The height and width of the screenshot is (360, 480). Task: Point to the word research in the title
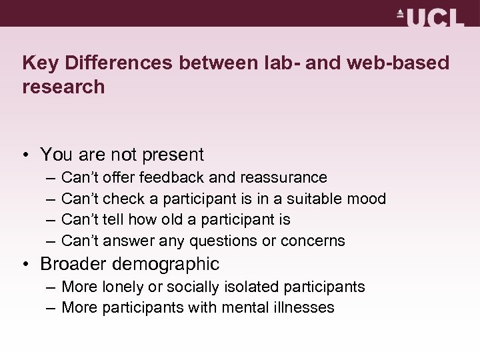(x=63, y=87)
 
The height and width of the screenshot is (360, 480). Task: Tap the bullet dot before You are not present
(x=25, y=155)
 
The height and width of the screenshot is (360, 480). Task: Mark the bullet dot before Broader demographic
(x=25, y=264)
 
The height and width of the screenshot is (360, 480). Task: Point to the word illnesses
(x=305, y=307)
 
